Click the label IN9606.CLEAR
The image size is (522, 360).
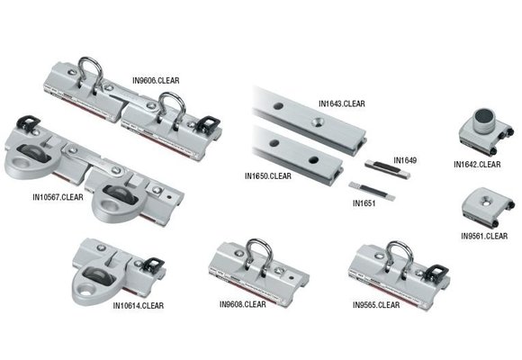tap(156, 80)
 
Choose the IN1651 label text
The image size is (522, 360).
tap(363, 204)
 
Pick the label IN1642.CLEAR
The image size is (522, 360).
tap(477, 165)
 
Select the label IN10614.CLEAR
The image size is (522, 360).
tap(139, 306)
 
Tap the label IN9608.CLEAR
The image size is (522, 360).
tap(242, 304)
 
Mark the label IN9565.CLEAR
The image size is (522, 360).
tap(376, 305)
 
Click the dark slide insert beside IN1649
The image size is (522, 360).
tap(386, 166)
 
